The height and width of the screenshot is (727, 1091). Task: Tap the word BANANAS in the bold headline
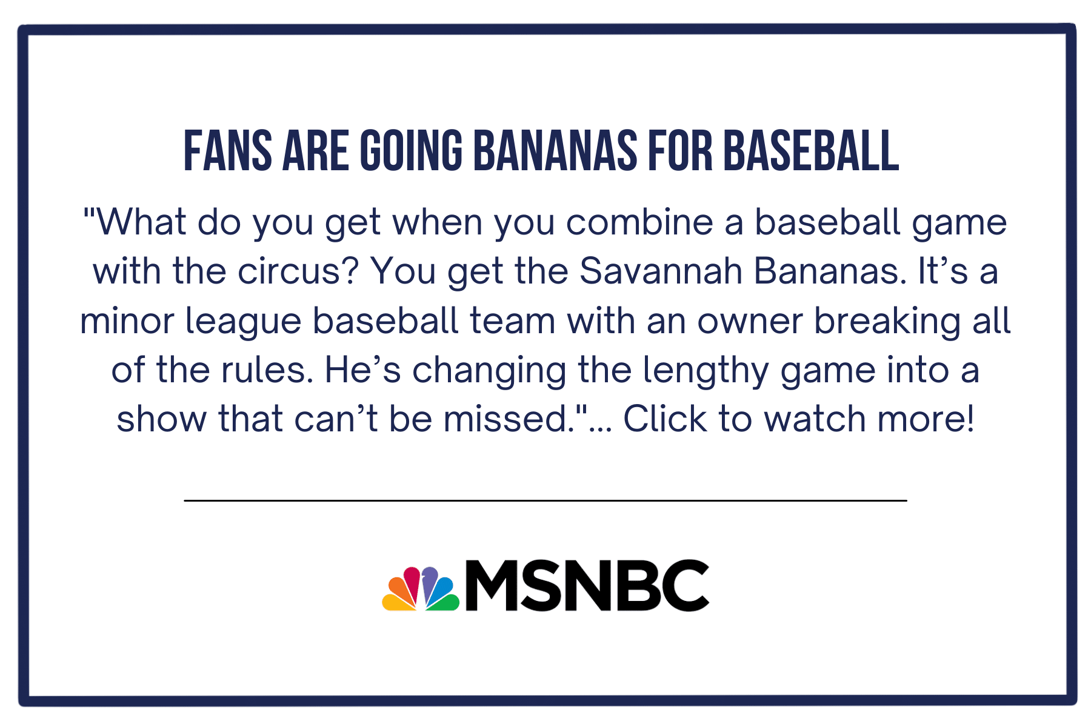tap(555, 151)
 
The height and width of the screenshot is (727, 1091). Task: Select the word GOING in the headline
tap(411, 151)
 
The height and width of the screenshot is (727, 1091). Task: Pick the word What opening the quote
tap(141, 222)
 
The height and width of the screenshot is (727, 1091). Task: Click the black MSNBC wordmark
tap(587, 585)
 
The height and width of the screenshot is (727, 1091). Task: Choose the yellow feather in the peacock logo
tap(398, 603)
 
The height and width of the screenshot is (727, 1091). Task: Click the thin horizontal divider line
tap(545, 500)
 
